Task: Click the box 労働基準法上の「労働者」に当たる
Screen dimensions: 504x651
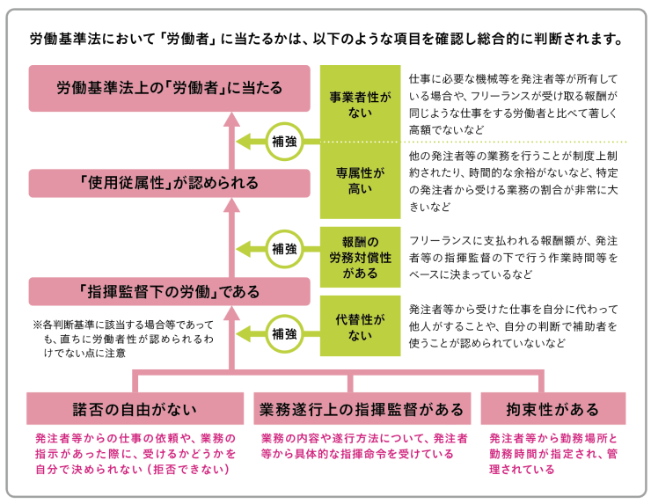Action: pos(169,87)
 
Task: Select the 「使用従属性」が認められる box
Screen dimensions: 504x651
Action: pos(169,183)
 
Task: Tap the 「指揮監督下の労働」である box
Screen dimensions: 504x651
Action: pos(169,291)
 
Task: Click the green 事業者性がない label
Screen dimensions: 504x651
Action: pos(357,103)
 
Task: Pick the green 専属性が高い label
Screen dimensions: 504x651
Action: pos(357,179)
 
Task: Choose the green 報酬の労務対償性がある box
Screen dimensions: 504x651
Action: pos(357,258)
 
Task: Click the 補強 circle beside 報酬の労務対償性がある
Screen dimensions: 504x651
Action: pos(283,247)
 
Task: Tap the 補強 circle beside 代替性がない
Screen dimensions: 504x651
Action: pos(283,333)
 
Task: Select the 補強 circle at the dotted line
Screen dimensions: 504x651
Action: pos(283,141)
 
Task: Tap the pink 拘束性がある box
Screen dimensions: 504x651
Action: pos(553,409)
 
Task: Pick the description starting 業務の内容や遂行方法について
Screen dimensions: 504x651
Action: pos(363,446)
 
